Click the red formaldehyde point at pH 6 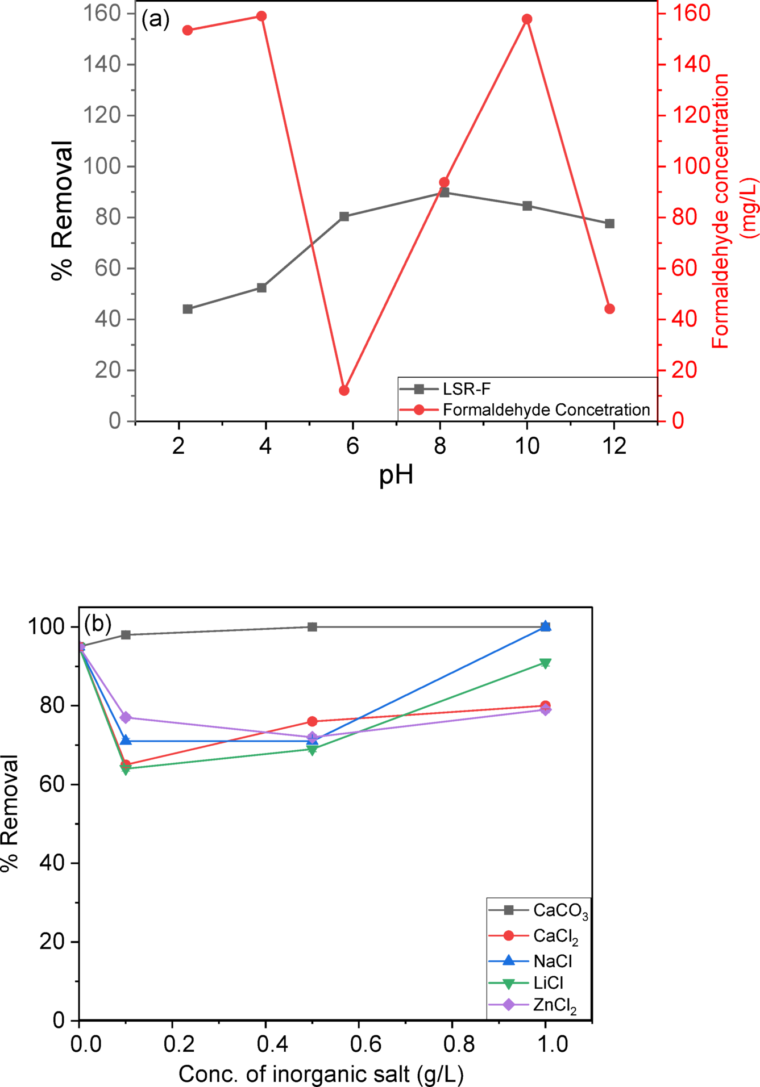344,391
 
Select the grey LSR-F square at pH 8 445,193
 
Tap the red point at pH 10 527,19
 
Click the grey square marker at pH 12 609,224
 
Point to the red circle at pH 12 609,309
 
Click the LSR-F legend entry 466,389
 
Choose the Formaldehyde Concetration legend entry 546,410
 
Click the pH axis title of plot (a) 396,475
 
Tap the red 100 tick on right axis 689,166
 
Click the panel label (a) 155,20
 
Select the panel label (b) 98,624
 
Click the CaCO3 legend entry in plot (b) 560,910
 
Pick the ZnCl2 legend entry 554,1005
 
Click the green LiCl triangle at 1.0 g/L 545,663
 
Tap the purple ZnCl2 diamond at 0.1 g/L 126,717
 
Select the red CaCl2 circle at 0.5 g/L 312,721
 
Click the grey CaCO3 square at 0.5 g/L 312,627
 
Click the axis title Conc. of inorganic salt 321,1074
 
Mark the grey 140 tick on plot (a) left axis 102,64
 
